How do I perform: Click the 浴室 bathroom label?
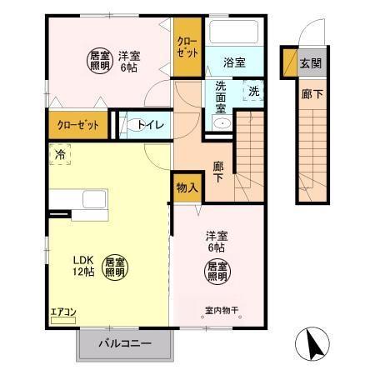[x=234, y=62]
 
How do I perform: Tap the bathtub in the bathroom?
[x=234, y=32]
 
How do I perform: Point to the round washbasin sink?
[x=222, y=123]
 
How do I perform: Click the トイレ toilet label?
[x=151, y=125]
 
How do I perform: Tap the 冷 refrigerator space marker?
[x=60, y=153]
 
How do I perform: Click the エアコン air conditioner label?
[x=63, y=312]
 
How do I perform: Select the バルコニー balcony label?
[x=127, y=342]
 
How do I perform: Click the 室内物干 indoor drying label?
[x=222, y=312]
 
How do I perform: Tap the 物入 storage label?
[x=187, y=187]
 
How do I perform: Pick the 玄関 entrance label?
[x=310, y=63]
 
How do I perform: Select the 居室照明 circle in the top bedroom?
[x=100, y=60]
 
